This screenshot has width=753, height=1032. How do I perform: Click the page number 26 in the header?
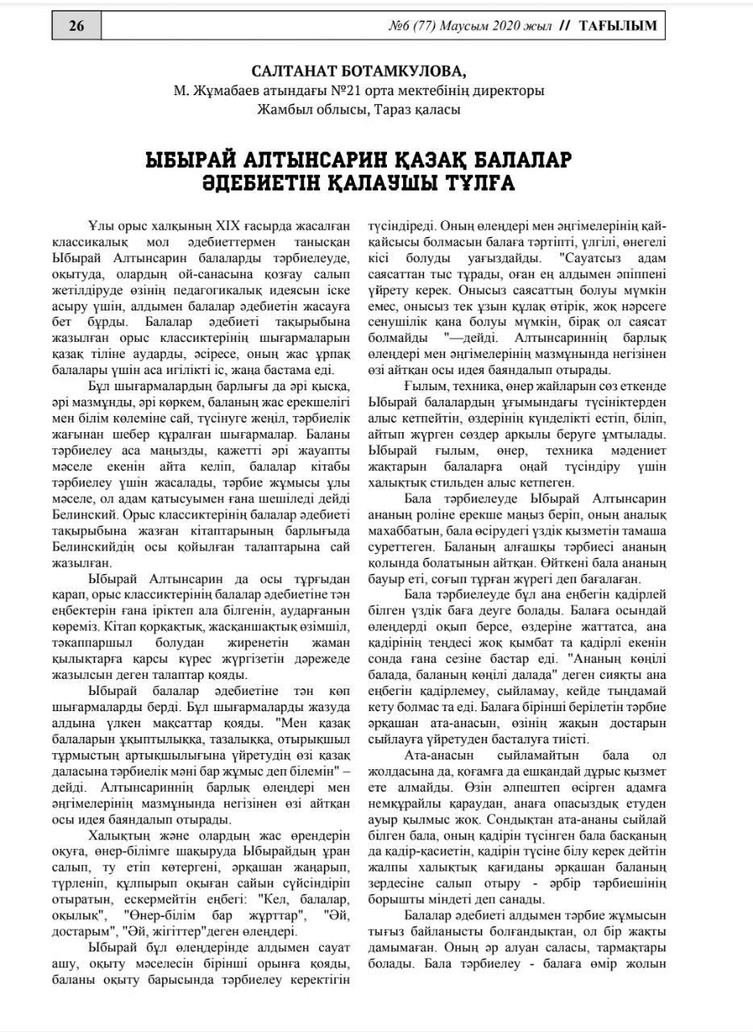77,26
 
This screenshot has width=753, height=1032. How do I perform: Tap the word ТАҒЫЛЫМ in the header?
618,26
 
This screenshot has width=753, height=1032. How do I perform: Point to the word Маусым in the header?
455,26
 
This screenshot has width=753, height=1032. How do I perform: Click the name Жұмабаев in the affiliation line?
227,90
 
